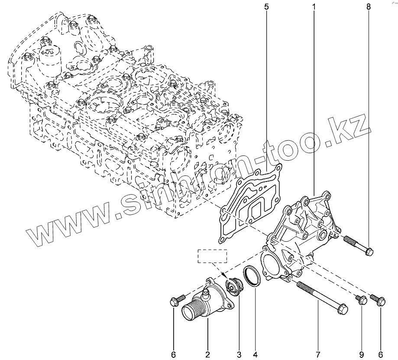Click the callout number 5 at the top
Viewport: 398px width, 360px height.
point(266,6)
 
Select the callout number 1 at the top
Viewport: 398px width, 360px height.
point(314,6)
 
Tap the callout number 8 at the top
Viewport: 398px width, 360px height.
point(369,6)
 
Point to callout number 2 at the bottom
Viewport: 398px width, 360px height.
point(207,354)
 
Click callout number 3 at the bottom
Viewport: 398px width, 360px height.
point(239,354)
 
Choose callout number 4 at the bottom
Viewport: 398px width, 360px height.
point(255,354)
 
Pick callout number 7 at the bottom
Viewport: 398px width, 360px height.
point(318,354)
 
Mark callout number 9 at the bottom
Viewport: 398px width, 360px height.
point(362,354)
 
